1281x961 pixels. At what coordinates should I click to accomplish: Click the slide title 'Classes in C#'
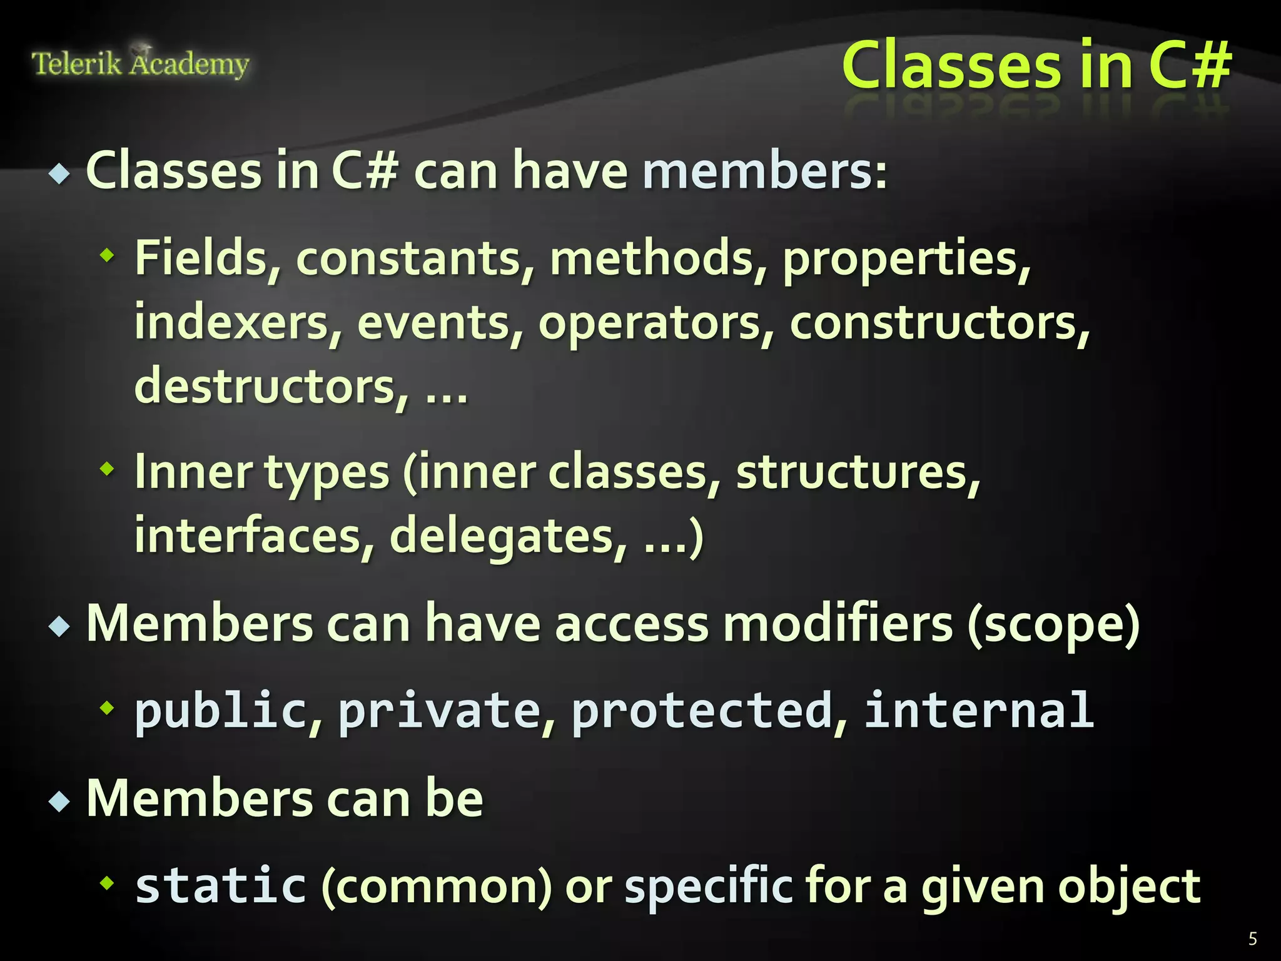click(1036, 65)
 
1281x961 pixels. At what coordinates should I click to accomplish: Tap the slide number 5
click(1252, 938)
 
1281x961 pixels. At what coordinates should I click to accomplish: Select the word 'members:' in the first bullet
click(764, 171)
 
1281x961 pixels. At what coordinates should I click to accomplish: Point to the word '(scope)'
click(1053, 624)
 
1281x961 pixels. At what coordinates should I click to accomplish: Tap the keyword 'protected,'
click(709, 711)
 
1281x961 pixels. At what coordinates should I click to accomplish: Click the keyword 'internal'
click(979, 709)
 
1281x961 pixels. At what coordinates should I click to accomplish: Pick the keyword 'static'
click(221, 885)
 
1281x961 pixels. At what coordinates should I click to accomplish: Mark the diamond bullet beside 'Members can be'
click(59, 801)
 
